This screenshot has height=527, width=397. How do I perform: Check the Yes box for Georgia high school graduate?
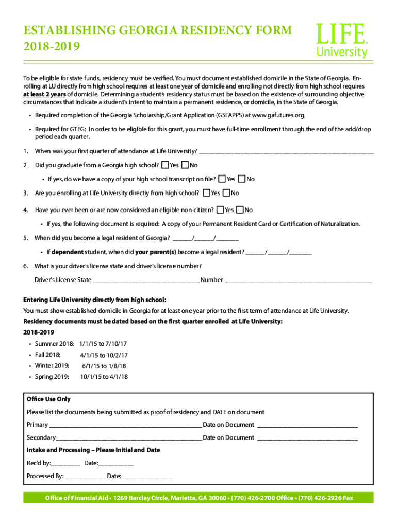point(165,165)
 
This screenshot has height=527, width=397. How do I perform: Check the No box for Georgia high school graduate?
point(185,165)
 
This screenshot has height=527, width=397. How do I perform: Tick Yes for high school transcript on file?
point(222,179)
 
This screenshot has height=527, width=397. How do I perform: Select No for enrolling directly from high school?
point(226,193)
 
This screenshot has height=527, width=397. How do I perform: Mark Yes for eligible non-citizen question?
point(221,210)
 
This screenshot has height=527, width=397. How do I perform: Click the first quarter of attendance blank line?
point(286,151)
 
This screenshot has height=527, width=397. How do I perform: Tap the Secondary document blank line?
point(129,438)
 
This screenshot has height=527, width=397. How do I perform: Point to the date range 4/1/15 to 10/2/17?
point(104,355)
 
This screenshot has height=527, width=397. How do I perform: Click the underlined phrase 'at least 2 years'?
point(44,95)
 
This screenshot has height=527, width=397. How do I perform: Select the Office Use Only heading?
point(48,399)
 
